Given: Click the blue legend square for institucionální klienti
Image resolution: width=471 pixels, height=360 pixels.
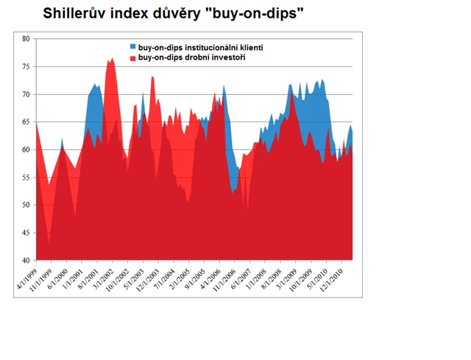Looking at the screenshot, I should (133, 47).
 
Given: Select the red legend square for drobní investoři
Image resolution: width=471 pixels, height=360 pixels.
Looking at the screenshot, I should (133, 57).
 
